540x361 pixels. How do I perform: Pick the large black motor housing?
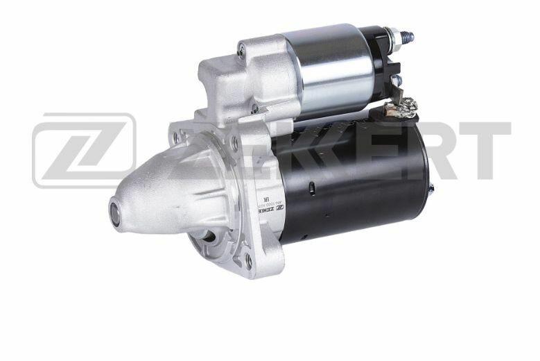354,180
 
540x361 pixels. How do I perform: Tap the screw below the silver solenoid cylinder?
254,108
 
